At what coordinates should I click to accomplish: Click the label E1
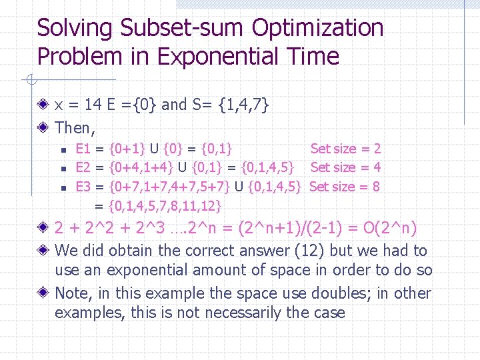point(83,149)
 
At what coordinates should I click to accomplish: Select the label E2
point(83,167)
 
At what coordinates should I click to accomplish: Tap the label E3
point(83,186)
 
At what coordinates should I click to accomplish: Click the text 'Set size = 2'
point(345,149)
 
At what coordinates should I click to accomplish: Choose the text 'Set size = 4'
point(345,167)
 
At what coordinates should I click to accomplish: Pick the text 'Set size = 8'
point(345,186)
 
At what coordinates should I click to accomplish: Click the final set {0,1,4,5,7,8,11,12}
point(165,205)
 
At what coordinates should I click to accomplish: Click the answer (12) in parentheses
point(299,251)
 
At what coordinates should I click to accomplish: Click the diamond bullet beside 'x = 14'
point(43,105)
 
